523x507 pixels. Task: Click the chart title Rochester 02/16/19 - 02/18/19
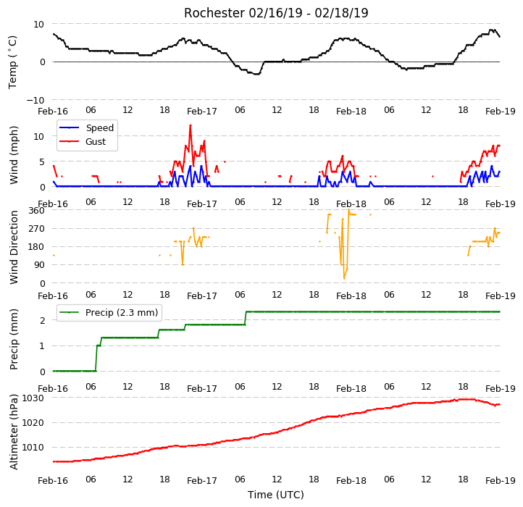coord(276,13)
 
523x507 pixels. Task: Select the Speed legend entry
coord(86,127)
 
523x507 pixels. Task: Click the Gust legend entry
coord(83,141)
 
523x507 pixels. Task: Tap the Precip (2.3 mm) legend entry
coord(108,313)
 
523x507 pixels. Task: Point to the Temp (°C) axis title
coord(12,62)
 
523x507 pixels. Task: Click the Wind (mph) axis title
coord(13,155)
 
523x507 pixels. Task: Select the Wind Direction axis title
coord(13,247)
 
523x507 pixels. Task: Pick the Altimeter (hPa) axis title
coord(13,432)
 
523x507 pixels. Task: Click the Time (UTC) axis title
coord(276,495)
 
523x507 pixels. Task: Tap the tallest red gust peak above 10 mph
coord(191,125)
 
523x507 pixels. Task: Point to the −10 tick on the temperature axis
coord(35,100)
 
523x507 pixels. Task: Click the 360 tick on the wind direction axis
coord(36,211)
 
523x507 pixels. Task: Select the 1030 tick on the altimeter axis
coord(33,398)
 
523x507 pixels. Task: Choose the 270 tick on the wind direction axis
coord(36,229)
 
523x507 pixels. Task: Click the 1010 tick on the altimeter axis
coord(33,448)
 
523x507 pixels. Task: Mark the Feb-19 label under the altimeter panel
coord(501,481)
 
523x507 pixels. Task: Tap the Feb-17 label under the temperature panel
coord(202,111)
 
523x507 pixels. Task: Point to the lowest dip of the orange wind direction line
coord(344,278)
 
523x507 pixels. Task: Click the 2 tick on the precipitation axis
coord(42,321)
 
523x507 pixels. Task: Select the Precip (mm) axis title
coord(13,340)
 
